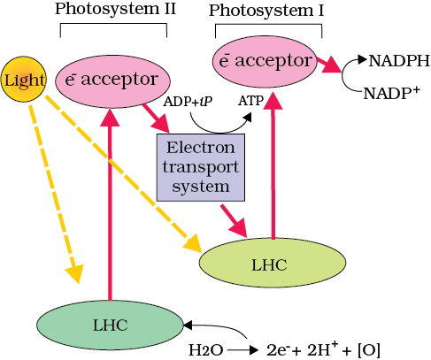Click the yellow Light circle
[24, 80]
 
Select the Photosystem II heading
[115, 9]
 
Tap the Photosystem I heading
[266, 11]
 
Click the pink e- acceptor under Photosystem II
[112, 81]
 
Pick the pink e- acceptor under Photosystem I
[265, 61]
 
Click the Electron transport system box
[201, 167]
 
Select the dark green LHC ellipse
[110, 325]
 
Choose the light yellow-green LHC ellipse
[273, 263]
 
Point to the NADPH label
[399, 61]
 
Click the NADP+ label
[391, 93]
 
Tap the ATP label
[250, 101]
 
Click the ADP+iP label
[188, 102]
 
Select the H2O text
[205, 350]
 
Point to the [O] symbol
[369, 350]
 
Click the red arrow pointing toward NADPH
[329, 65]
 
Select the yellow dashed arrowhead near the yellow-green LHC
[193, 242]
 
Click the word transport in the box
[201, 167]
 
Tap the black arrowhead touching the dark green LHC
[188, 326]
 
